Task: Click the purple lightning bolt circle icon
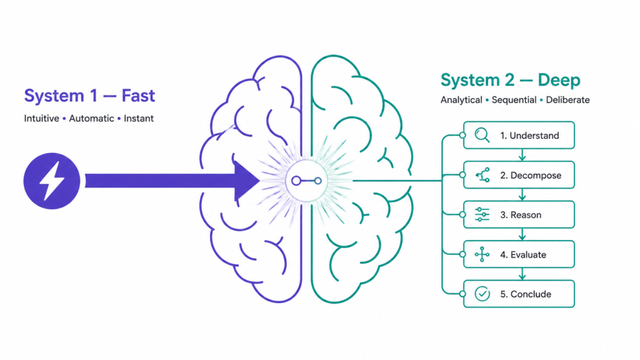[51, 181]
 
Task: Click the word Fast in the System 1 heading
[138, 96]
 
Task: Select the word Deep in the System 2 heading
[559, 81]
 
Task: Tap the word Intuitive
[42, 118]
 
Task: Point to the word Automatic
[91, 118]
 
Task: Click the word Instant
[139, 118]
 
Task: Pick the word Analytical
[461, 100]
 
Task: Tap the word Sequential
[514, 100]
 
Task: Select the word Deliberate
[567, 100]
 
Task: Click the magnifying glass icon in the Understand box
[482, 135]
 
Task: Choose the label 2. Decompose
[531, 176]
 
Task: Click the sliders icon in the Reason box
[482, 215]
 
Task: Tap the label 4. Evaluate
[523, 255]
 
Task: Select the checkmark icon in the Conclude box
[482, 294]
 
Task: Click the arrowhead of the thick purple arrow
[247, 181]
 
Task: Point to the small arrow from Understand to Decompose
[522, 155]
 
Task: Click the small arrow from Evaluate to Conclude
[522, 274]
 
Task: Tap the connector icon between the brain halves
[306, 181]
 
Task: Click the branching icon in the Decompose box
[482, 175]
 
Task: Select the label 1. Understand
[529, 136]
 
